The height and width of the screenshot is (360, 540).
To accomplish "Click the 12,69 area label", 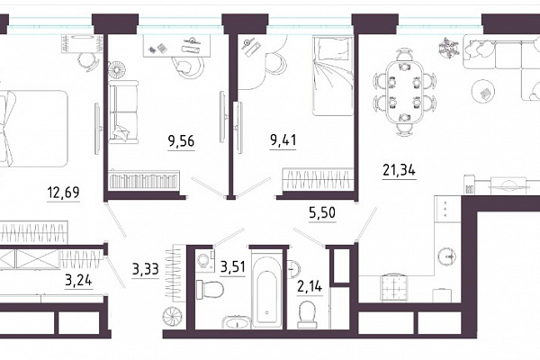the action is click(64, 192).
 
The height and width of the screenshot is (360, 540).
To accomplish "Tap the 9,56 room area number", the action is click(181, 141).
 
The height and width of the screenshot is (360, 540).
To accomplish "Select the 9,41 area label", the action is click(283, 139).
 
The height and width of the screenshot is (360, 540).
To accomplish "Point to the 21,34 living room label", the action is click(399, 170).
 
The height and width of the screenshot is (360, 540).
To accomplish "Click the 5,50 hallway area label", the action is click(322, 213).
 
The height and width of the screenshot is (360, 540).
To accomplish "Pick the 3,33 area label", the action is click(145, 269).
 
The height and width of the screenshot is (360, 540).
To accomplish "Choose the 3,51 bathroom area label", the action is click(233, 266).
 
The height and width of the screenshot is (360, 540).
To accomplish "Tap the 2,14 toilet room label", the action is click(310, 286).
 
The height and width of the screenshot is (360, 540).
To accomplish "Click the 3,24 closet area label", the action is click(79, 280).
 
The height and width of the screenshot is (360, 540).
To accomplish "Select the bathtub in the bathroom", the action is click(267, 288).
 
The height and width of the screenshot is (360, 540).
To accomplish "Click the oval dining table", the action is click(405, 92).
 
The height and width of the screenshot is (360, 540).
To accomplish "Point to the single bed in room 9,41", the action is click(333, 76).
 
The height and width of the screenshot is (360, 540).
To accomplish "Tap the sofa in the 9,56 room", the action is click(123, 112).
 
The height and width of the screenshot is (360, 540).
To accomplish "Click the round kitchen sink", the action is click(447, 256).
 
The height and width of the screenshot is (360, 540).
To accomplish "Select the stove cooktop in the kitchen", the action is click(395, 288).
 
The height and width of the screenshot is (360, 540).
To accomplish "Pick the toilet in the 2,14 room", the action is click(307, 314).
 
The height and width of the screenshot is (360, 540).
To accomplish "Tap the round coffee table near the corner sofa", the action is click(483, 92).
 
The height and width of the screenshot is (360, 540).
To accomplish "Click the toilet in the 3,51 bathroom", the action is click(210, 290).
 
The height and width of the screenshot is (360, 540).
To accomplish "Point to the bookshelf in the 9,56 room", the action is click(144, 179).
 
